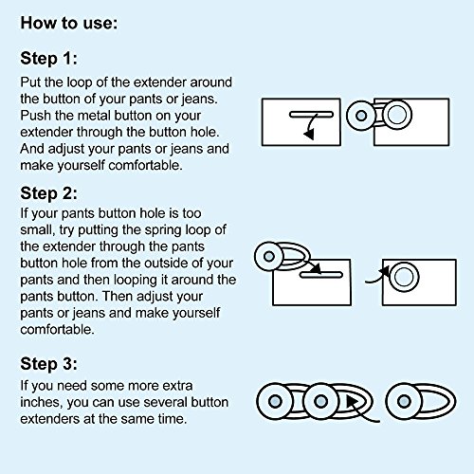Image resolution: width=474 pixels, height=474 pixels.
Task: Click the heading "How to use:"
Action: click(x=69, y=24)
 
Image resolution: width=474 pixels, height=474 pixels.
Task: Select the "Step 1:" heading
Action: click(x=48, y=59)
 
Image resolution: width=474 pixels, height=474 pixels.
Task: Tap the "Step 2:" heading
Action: click(x=48, y=193)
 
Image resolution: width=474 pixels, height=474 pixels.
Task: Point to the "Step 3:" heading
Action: click(x=48, y=364)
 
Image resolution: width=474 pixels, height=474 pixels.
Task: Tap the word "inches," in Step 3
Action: click(x=42, y=402)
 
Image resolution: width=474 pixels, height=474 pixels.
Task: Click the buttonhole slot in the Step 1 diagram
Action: click(x=311, y=115)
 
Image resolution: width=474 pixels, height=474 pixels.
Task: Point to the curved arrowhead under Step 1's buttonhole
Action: click(x=309, y=134)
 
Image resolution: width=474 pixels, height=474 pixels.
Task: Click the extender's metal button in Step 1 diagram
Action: click(x=361, y=116)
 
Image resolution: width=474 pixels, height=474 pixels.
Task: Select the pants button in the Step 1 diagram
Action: click(x=397, y=115)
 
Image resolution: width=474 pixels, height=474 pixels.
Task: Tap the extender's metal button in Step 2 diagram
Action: click(x=269, y=256)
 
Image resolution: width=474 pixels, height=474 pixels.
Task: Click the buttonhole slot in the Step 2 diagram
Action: click(x=321, y=275)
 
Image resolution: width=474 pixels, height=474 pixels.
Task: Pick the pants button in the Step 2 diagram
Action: click(x=404, y=277)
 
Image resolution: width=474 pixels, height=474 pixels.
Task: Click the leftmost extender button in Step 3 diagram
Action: click(x=275, y=401)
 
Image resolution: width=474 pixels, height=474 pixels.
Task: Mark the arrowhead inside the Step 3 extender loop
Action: click(x=352, y=402)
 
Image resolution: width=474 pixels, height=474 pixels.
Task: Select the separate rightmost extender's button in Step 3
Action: click(x=404, y=402)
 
